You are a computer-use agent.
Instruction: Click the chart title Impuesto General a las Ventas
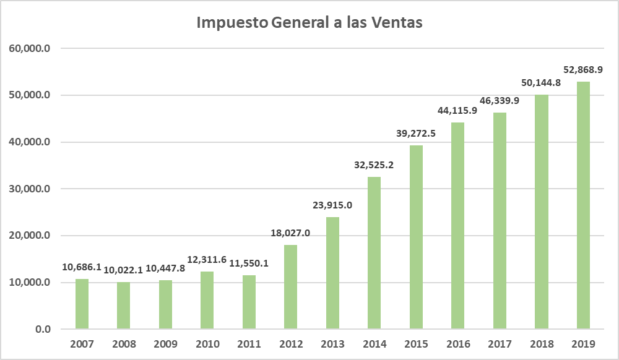pos(309,23)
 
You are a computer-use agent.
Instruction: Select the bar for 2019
pos(583,205)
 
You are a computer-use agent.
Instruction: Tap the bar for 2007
pos(82,304)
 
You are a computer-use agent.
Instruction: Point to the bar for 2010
pos(207,300)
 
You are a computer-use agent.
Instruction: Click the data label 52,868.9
pos(582,69)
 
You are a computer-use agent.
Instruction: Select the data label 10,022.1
pos(123,270)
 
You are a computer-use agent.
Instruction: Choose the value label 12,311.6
pos(207,260)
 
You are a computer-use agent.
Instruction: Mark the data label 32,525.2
pos(374,165)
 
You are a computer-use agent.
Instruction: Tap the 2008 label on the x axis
pos(123,343)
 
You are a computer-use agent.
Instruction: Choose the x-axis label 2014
pos(374,343)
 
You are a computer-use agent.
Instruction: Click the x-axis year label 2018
pos(541,343)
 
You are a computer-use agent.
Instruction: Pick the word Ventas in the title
pos(396,23)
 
